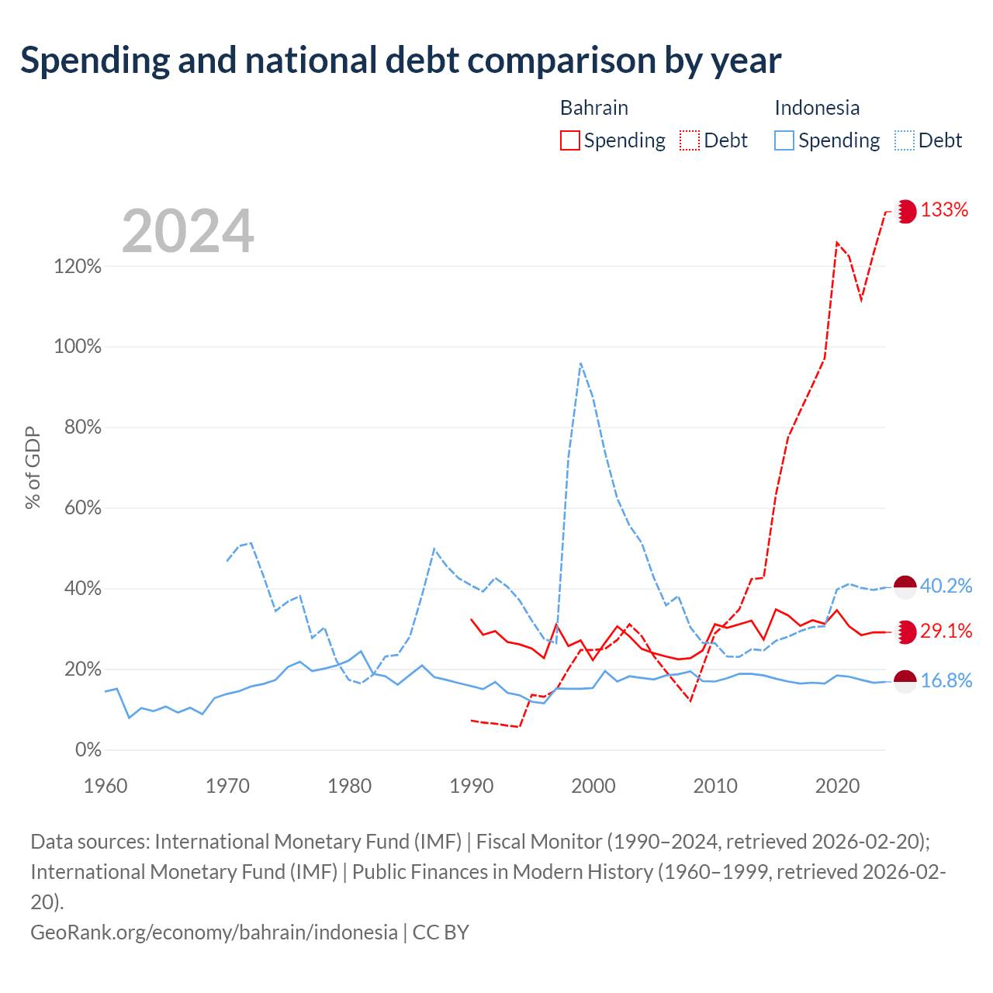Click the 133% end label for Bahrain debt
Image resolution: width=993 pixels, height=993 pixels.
point(944,209)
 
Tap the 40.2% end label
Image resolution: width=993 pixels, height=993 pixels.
point(946,586)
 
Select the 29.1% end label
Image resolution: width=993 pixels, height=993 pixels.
point(946,631)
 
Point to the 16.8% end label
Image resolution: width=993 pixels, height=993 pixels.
point(946,680)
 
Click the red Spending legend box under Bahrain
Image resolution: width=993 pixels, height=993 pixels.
point(570,140)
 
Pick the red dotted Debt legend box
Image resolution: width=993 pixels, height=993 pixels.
point(690,140)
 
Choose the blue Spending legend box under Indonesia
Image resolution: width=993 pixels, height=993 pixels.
point(784,140)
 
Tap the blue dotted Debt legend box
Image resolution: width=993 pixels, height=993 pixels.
point(905,140)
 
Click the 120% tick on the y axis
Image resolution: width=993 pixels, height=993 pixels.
point(78,266)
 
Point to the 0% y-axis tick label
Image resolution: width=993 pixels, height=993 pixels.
point(88,749)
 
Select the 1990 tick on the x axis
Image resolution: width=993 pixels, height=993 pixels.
point(472,787)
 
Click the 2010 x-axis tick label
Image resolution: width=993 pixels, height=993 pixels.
point(715,787)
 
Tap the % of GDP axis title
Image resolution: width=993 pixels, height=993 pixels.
point(33,467)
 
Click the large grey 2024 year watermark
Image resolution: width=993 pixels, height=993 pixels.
point(188,230)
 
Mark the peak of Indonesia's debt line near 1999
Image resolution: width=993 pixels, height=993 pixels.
point(581,363)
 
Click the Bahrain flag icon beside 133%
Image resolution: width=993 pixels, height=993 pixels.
point(905,212)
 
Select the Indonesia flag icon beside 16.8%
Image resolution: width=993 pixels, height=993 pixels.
point(905,682)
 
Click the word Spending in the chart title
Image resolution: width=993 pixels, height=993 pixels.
point(95,61)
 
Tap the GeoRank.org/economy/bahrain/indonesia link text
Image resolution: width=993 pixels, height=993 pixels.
point(214,932)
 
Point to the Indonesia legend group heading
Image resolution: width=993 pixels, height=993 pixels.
point(817,108)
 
